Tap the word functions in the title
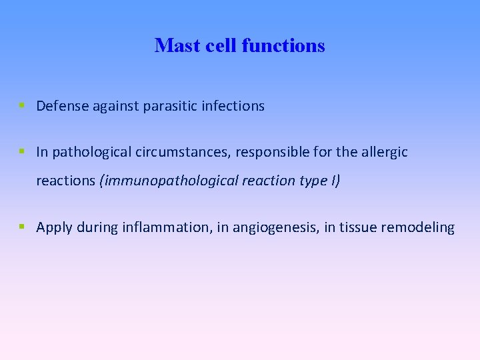click(x=283, y=45)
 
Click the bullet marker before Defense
click(x=22, y=106)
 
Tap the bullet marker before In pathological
click(x=22, y=152)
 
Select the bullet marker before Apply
click(x=22, y=227)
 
